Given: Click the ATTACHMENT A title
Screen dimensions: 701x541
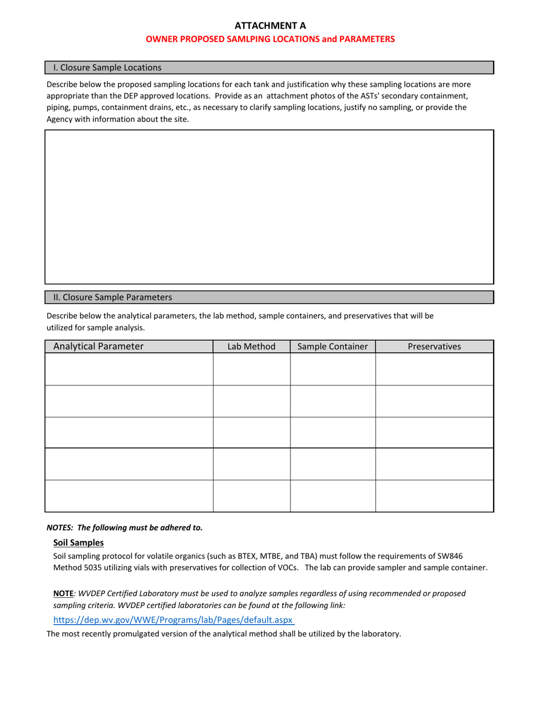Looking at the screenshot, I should click(x=270, y=26).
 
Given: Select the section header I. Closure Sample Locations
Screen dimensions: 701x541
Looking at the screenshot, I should click(x=107, y=68).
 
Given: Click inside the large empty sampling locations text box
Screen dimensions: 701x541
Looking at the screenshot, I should click(x=269, y=206).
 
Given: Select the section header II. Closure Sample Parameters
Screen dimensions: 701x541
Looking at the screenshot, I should click(x=112, y=297).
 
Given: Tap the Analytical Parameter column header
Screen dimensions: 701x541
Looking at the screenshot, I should click(x=99, y=347).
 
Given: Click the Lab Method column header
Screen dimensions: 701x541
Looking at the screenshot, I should click(x=251, y=347).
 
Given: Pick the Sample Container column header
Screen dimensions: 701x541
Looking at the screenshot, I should click(x=333, y=347).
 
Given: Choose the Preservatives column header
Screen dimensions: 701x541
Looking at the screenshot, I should click(x=434, y=347).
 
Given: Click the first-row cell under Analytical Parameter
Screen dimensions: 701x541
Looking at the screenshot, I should click(x=129, y=369).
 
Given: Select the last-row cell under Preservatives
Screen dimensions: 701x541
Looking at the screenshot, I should click(x=434, y=496).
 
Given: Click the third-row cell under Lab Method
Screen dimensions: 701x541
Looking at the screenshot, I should click(x=251, y=433).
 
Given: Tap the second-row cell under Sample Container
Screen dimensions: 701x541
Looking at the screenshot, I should click(x=333, y=401).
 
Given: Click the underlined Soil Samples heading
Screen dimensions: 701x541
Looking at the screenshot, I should click(x=78, y=543).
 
